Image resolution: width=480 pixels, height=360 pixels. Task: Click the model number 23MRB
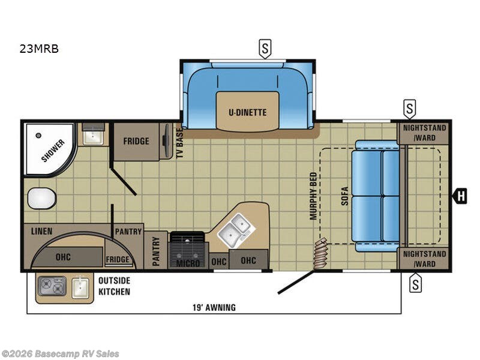pyautogui.click(x=39, y=50)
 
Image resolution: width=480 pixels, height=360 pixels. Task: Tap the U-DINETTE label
pyautogui.click(x=247, y=112)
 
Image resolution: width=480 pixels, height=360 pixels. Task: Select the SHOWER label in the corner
pyautogui.click(x=53, y=150)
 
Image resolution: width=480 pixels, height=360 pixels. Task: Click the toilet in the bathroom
pyautogui.click(x=41, y=197)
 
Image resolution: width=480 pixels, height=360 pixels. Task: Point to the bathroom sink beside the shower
pyautogui.click(x=93, y=136)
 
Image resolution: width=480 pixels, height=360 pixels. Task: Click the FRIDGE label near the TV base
pyautogui.click(x=136, y=142)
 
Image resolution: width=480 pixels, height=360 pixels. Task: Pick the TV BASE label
pyautogui.click(x=179, y=143)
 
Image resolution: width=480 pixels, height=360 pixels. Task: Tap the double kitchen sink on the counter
pyautogui.click(x=235, y=231)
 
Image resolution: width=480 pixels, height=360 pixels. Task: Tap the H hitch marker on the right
pyautogui.click(x=460, y=195)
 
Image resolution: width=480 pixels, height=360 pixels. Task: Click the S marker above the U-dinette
pyautogui.click(x=264, y=49)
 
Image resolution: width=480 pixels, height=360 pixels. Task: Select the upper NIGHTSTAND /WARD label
pyautogui.click(x=424, y=132)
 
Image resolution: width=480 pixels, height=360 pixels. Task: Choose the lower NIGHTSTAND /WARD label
pyautogui.click(x=424, y=259)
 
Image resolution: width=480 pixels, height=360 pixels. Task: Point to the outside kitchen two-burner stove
pyautogui.click(x=52, y=287)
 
